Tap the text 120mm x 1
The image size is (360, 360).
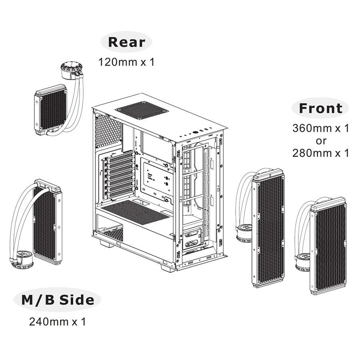(x=126, y=62)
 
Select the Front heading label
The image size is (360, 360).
(x=320, y=108)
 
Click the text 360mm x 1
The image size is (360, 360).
(x=321, y=128)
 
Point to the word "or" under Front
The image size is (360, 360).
(x=321, y=141)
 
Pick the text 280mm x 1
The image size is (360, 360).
(x=321, y=153)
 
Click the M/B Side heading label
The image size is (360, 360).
(x=58, y=300)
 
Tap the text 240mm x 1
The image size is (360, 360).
(x=58, y=322)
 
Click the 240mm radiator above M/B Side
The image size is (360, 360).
(x=47, y=222)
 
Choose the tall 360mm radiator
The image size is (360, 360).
(x=268, y=230)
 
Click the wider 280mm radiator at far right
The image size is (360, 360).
(x=328, y=245)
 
